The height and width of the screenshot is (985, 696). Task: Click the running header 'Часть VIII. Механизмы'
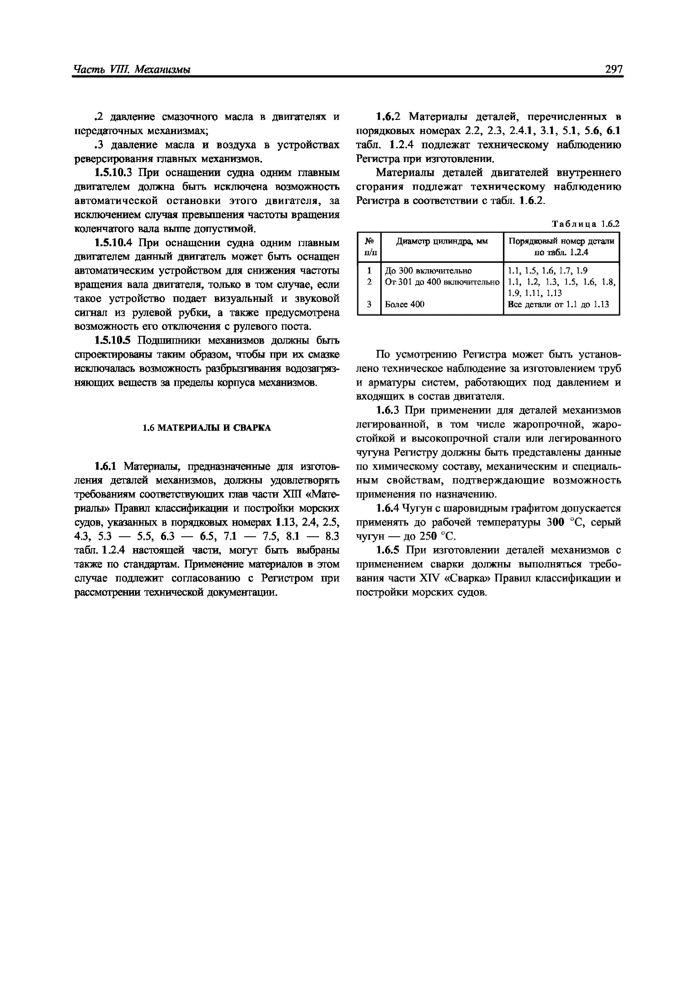132,70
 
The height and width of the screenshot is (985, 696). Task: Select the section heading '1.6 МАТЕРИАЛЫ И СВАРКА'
207,428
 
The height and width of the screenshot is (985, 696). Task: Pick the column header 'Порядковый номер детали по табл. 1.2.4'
561,247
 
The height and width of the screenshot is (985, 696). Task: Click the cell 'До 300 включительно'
429,271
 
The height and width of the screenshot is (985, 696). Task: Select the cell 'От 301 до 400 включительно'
442,282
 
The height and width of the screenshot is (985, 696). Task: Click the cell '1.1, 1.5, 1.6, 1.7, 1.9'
548,271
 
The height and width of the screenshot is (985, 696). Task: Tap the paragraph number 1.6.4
388,509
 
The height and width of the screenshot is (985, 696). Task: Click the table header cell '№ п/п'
369,247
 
